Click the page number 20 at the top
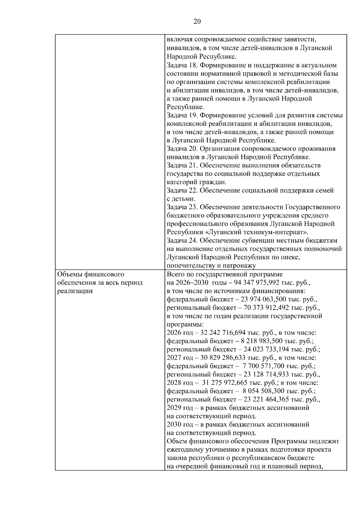(x=197, y=21)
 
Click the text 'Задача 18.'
(x=182, y=65)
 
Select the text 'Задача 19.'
(x=182, y=115)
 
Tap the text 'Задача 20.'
(x=182, y=149)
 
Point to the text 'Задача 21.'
(x=182, y=166)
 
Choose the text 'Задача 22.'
(x=182, y=190)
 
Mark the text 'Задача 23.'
(x=182, y=207)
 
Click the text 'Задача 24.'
(x=182, y=241)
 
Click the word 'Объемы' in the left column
(x=70, y=274)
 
